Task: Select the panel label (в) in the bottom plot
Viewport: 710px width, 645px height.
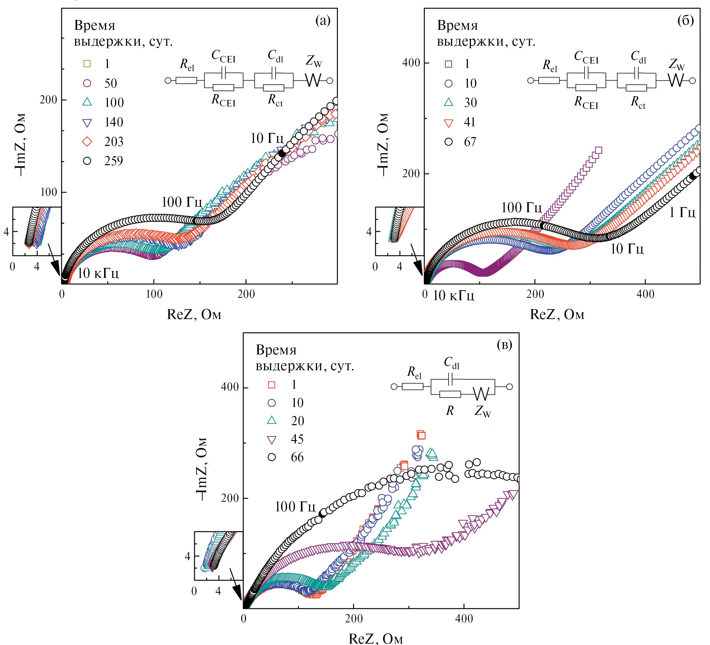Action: (504, 345)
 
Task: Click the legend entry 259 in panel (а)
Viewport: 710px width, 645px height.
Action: (113, 161)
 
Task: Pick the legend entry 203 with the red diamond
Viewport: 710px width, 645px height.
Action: (113, 142)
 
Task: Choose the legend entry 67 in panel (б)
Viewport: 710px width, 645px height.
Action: (470, 142)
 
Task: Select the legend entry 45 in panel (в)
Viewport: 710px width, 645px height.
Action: (297, 439)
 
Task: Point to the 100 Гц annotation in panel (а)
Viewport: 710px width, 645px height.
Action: (182, 202)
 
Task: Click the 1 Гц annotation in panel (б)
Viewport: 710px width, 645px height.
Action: (682, 212)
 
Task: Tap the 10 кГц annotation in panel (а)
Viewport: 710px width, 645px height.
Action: (98, 273)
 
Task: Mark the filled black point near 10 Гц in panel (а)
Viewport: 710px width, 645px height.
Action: (282, 153)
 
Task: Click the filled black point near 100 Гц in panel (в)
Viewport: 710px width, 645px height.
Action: (322, 514)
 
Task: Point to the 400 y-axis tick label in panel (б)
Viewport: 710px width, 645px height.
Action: (411, 63)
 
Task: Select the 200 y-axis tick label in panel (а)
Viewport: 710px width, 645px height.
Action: (48, 100)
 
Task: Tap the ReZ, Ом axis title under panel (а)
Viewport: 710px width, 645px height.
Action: (194, 314)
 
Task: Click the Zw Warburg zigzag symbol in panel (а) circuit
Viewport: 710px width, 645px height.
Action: (313, 80)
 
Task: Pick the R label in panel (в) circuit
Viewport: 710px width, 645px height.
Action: (450, 410)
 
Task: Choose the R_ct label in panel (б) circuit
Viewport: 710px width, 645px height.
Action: (638, 102)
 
